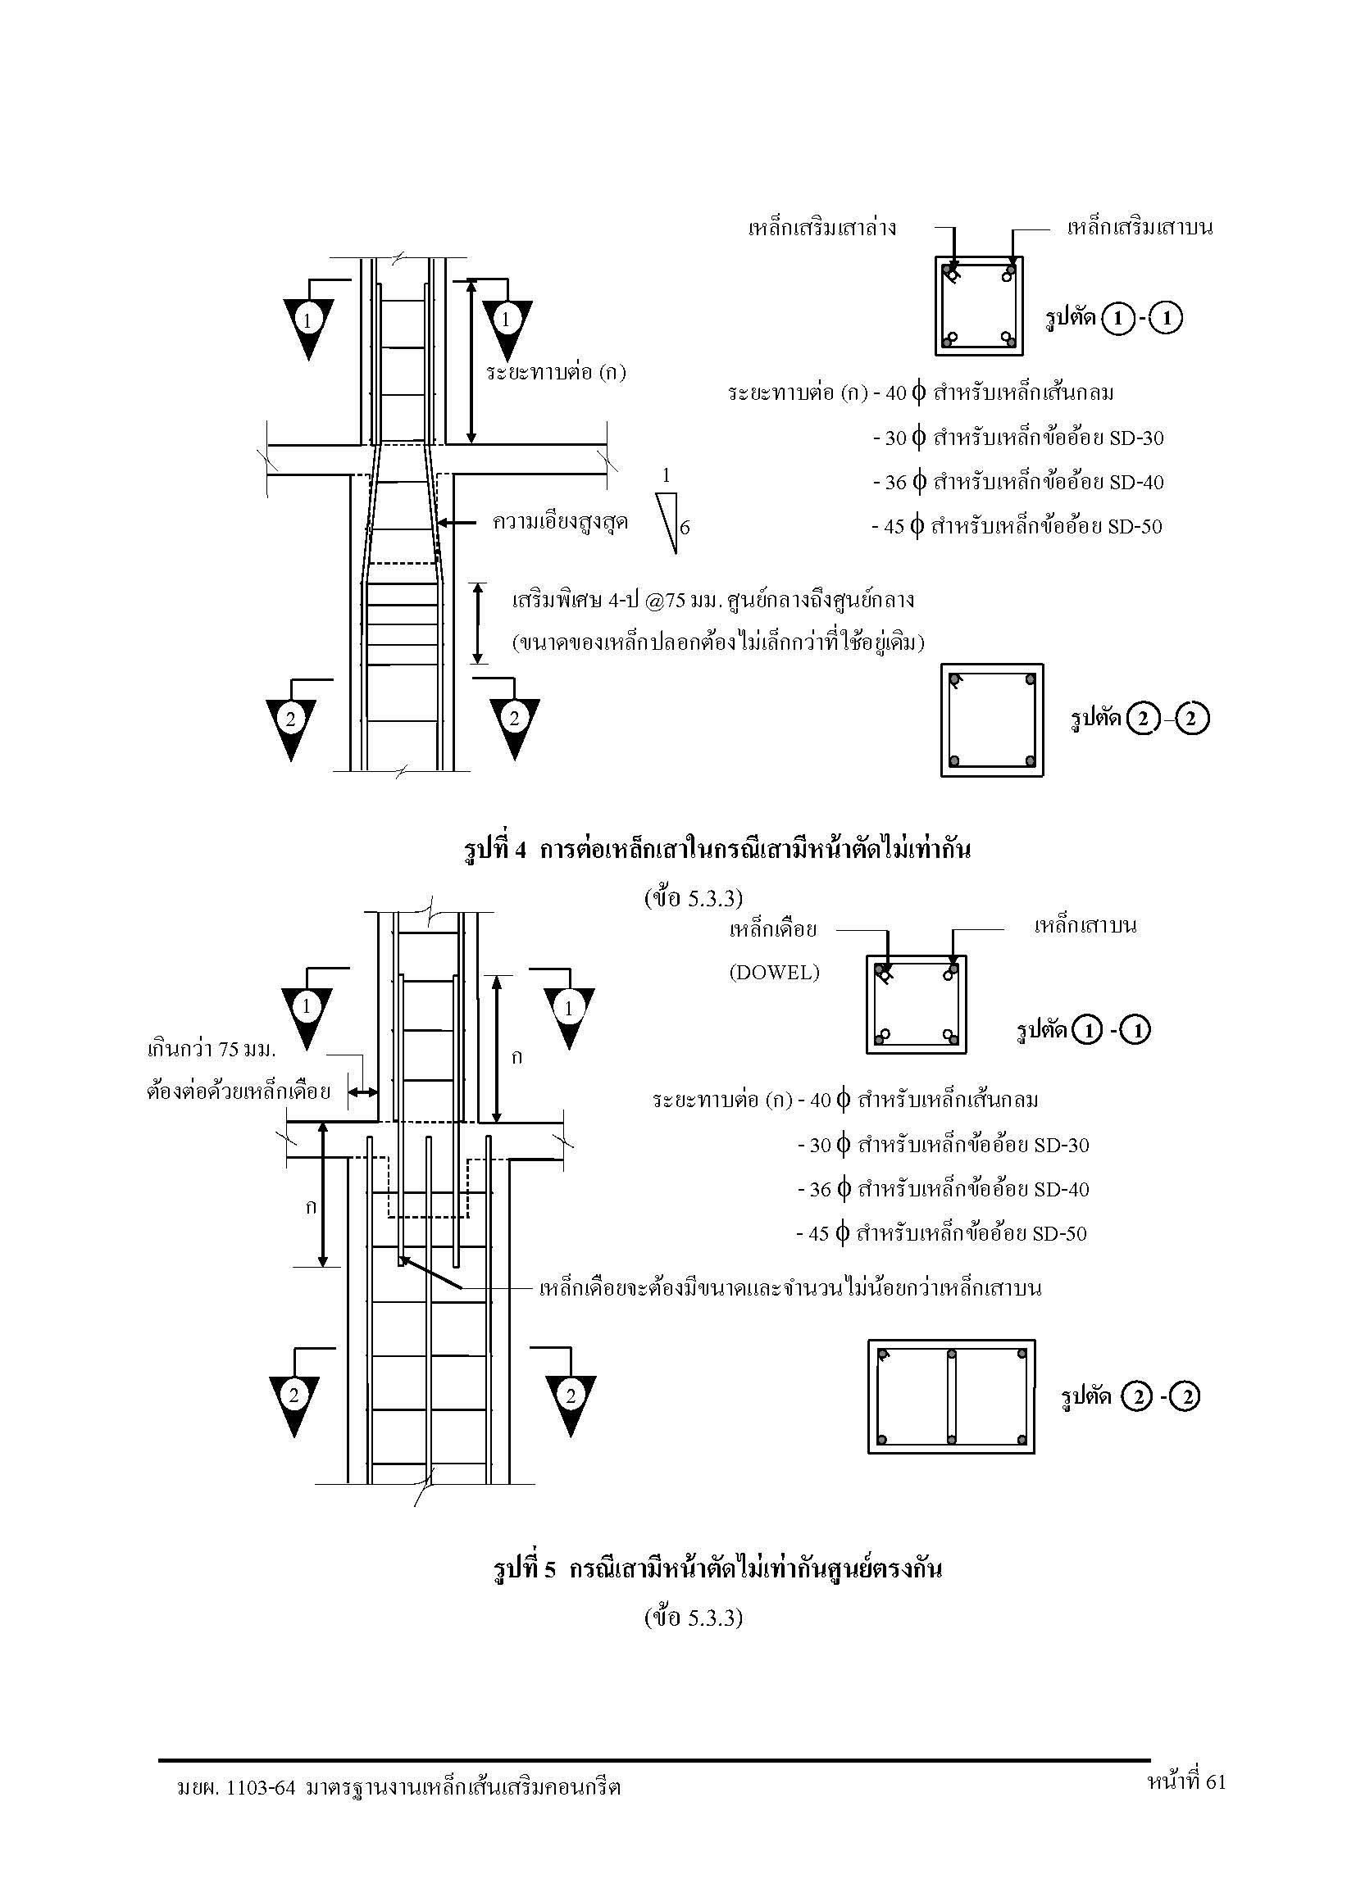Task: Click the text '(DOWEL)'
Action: point(774,973)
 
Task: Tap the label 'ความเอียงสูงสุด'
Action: point(560,522)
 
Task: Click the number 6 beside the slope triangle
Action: point(685,527)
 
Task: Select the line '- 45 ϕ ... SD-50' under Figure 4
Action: point(1017,526)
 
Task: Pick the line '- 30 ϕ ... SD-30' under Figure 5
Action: point(943,1145)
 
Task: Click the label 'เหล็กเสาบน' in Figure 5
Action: point(1085,925)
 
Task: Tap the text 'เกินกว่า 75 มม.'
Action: point(211,1049)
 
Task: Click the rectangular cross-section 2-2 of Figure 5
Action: point(951,1397)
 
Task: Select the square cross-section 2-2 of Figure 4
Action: point(992,720)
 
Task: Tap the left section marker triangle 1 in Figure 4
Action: point(308,329)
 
